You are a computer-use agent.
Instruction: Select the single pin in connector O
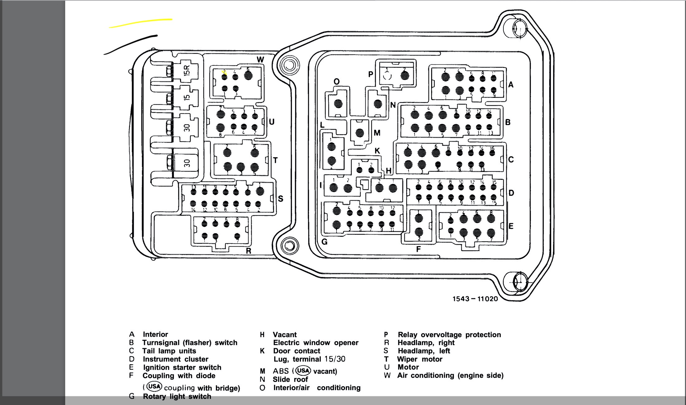(338, 104)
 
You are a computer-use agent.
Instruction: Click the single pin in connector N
(378, 104)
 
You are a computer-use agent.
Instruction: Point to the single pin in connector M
(360, 133)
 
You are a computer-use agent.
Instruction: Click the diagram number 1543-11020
(475, 299)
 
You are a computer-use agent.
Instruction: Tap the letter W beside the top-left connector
(260, 60)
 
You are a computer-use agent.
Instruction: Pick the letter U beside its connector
(272, 122)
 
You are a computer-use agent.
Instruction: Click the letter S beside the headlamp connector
(280, 199)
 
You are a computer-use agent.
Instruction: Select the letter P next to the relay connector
(370, 74)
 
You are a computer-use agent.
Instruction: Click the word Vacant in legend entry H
(285, 335)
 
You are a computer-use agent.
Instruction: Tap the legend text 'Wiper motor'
(420, 359)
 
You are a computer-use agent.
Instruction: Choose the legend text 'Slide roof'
(290, 379)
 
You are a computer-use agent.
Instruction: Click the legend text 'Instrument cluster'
(175, 359)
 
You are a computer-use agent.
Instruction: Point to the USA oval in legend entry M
(303, 371)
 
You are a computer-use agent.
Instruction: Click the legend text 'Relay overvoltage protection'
(449, 335)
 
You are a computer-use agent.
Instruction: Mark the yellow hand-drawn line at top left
(141, 22)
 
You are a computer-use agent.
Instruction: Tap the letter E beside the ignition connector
(511, 226)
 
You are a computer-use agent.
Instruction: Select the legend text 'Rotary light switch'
(177, 397)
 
